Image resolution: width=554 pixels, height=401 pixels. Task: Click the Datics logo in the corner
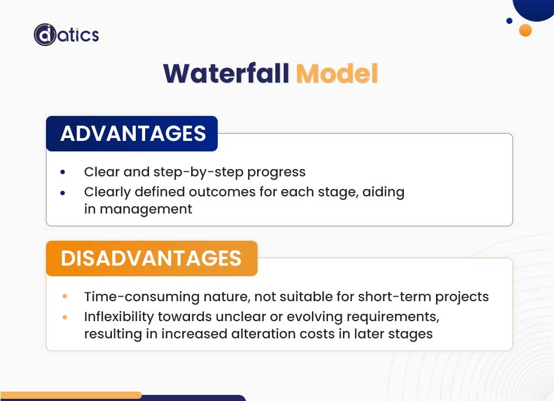coord(66,35)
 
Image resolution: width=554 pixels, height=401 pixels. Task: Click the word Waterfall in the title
coord(226,74)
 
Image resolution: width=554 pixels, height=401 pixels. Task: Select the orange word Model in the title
coord(337,74)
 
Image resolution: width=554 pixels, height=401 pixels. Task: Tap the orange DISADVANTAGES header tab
coord(151,258)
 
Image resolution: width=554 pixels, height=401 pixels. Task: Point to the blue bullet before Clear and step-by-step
coord(63,172)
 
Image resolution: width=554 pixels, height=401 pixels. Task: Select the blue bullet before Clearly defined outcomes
coord(63,192)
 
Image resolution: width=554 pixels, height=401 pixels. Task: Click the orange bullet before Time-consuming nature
coord(65,297)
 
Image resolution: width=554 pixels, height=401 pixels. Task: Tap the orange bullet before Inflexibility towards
coord(65,317)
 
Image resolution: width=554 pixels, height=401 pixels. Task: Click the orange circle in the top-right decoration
coord(525,30)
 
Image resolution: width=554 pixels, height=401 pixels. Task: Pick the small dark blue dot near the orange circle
coord(509,21)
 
